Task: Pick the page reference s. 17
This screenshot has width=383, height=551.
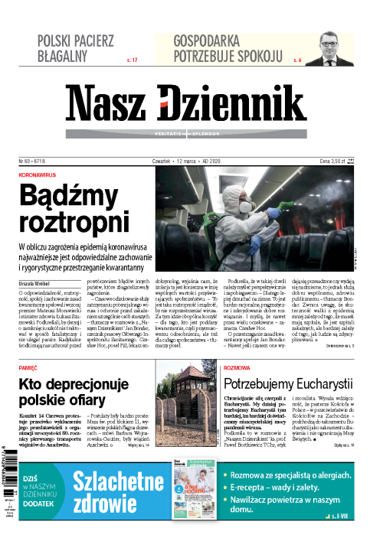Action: [x=131, y=59]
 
